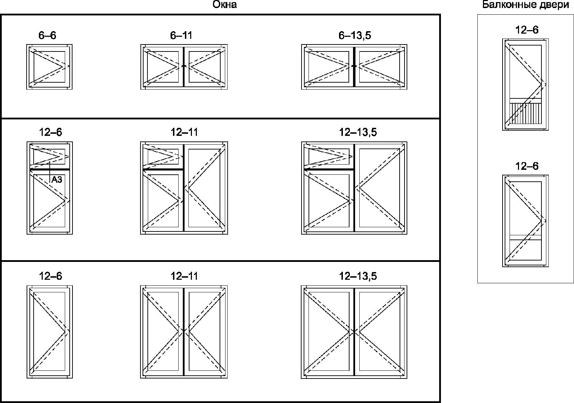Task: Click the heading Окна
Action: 224,5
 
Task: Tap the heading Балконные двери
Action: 525,5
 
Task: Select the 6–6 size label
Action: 47,35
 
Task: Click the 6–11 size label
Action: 181,35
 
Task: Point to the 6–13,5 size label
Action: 355,35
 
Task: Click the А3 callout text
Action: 57,180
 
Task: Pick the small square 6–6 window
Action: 49,67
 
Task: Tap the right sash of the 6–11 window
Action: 205,67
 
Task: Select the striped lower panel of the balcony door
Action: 525,114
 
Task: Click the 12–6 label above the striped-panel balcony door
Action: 527,30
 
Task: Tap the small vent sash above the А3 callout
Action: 49,157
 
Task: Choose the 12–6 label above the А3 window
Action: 50,132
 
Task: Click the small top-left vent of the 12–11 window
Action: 163,157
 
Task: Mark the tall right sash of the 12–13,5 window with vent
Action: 379,188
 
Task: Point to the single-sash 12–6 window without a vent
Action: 49,331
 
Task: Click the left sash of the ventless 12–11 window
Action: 163,331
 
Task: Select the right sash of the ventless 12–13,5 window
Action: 379,331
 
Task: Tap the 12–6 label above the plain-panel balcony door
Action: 527,166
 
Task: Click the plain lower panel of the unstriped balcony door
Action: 525,249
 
